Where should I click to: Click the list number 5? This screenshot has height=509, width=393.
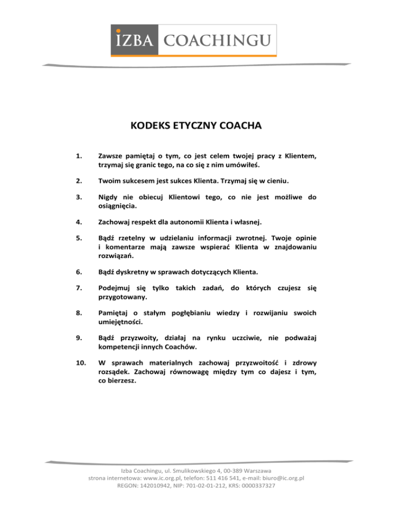tap(78, 252)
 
